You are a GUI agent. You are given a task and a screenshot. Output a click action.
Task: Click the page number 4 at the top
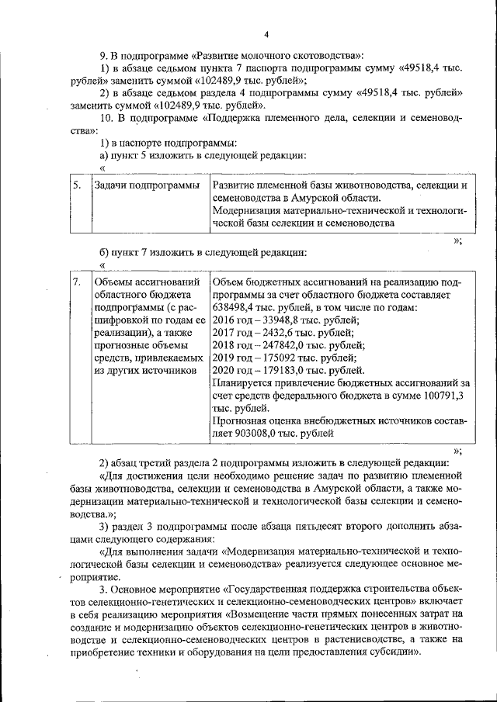[x=266, y=35]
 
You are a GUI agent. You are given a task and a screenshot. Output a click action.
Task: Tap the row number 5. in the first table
[x=77, y=186]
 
